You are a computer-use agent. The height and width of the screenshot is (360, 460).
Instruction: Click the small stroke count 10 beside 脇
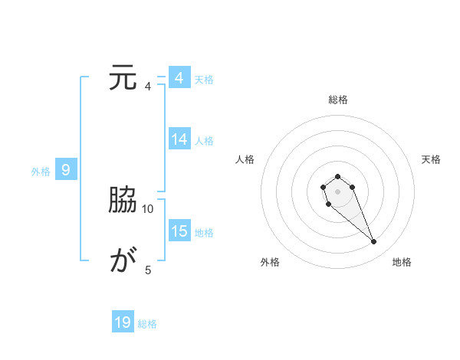pyautogui.click(x=148, y=208)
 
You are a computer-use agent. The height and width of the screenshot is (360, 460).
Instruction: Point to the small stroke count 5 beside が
pyautogui.click(x=148, y=270)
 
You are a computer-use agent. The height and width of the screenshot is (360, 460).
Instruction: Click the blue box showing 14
pyautogui.click(x=179, y=139)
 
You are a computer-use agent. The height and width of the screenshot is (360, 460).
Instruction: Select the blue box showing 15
pyautogui.click(x=179, y=231)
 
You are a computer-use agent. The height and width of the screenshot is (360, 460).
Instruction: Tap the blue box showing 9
pyautogui.click(x=66, y=170)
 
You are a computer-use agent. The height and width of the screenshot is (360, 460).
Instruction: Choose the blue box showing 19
pyautogui.click(x=123, y=322)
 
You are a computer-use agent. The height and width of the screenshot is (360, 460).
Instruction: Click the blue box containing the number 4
pyautogui.click(x=179, y=78)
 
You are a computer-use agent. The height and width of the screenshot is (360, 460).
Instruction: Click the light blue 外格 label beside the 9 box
pyautogui.click(x=41, y=172)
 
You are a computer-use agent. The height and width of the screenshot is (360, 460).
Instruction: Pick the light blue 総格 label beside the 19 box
pyautogui.click(x=147, y=324)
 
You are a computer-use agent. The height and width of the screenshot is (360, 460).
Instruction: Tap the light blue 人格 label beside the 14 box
pyautogui.click(x=204, y=141)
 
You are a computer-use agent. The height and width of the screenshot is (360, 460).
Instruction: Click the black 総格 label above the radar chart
pyautogui.click(x=337, y=100)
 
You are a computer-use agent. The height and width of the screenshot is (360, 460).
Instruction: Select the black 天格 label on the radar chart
pyautogui.click(x=432, y=159)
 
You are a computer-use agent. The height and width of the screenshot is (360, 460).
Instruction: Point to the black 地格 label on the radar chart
pyautogui.click(x=402, y=262)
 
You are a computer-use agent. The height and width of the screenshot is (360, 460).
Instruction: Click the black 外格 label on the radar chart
pyautogui.click(x=270, y=262)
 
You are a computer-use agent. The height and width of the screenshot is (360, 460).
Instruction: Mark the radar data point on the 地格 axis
pyautogui.click(x=374, y=242)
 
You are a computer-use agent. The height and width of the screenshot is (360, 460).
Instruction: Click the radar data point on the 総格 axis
pyautogui.click(x=337, y=177)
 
